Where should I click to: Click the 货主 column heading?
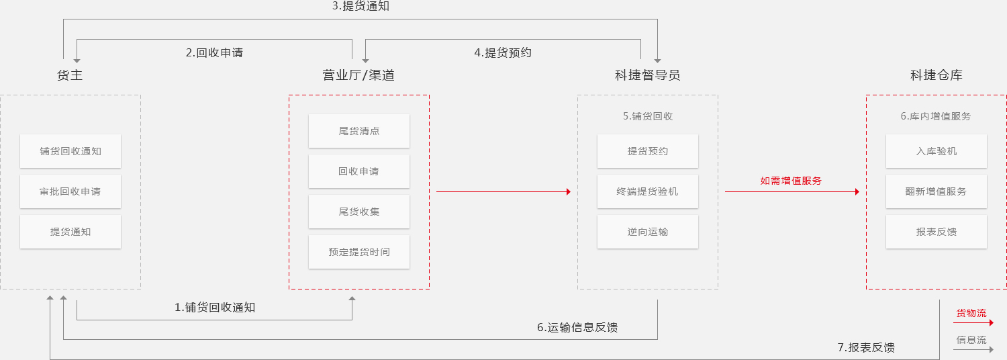(x=70, y=75)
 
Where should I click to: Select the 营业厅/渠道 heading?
(x=358, y=75)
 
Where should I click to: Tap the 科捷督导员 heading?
(x=647, y=75)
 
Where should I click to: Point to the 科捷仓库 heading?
(x=936, y=75)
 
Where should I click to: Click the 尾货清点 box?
(x=359, y=131)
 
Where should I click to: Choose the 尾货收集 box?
(x=359, y=212)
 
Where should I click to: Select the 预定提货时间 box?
(x=359, y=252)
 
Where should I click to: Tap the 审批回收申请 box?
(x=70, y=191)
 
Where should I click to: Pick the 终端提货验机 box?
(x=648, y=191)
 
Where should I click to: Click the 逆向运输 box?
(x=648, y=232)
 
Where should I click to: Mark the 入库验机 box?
(x=937, y=151)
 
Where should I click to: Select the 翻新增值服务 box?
(x=937, y=191)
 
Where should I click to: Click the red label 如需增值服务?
(x=791, y=181)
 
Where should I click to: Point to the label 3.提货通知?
(x=361, y=7)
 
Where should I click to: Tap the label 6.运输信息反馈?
(x=577, y=328)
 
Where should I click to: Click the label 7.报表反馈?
(x=866, y=347)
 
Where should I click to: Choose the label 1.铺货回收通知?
(x=215, y=308)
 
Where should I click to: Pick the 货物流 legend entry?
(x=971, y=314)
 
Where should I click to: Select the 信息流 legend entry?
(x=971, y=340)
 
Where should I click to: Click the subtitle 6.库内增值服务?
(x=936, y=116)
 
